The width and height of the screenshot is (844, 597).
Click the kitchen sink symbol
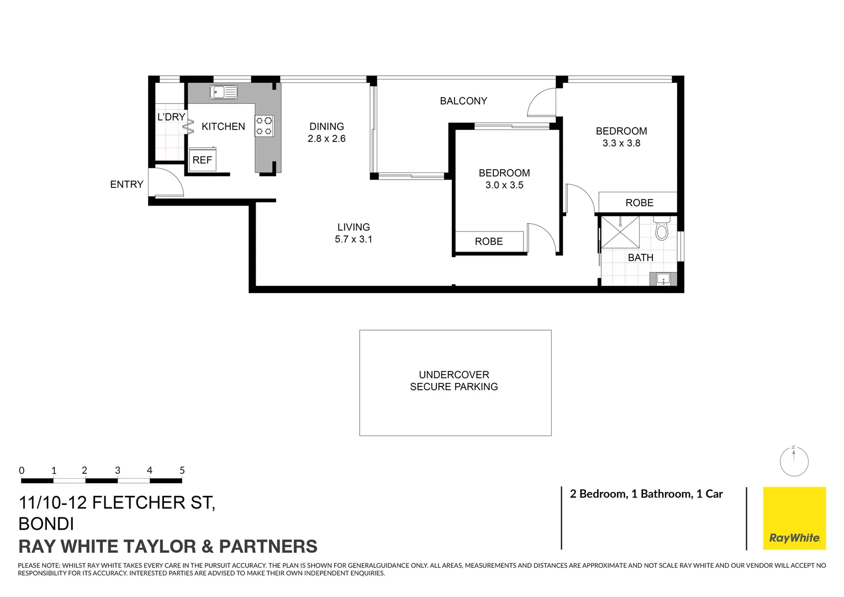(x=224, y=92)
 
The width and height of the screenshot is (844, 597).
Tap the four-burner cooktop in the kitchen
(x=264, y=125)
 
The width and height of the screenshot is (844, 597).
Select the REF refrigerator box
(x=202, y=160)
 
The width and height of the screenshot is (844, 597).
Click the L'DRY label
(x=171, y=117)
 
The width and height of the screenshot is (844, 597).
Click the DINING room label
(x=326, y=127)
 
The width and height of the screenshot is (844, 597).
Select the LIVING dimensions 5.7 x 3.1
(x=354, y=239)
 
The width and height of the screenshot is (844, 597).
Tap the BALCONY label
(x=463, y=101)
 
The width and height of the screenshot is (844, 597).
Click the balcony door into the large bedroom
(x=542, y=103)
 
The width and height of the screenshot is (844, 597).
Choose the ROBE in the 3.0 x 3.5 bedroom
(x=489, y=242)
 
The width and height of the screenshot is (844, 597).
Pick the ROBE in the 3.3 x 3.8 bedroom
(x=639, y=203)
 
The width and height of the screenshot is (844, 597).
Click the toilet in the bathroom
(x=662, y=229)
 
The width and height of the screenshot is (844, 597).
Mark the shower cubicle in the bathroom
(x=620, y=232)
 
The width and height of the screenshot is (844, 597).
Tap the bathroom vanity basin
(x=663, y=279)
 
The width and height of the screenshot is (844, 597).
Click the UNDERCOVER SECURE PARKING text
(x=454, y=381)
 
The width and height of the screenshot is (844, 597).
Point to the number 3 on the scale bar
(x=117, y=470)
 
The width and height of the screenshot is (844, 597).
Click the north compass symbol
(x=794, y=461)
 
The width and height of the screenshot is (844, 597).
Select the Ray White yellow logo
(x=794, y=518)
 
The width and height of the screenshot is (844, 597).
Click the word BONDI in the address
(x=46, y=523)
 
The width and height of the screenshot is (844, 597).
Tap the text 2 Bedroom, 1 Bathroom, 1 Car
(x=646, y=494)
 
